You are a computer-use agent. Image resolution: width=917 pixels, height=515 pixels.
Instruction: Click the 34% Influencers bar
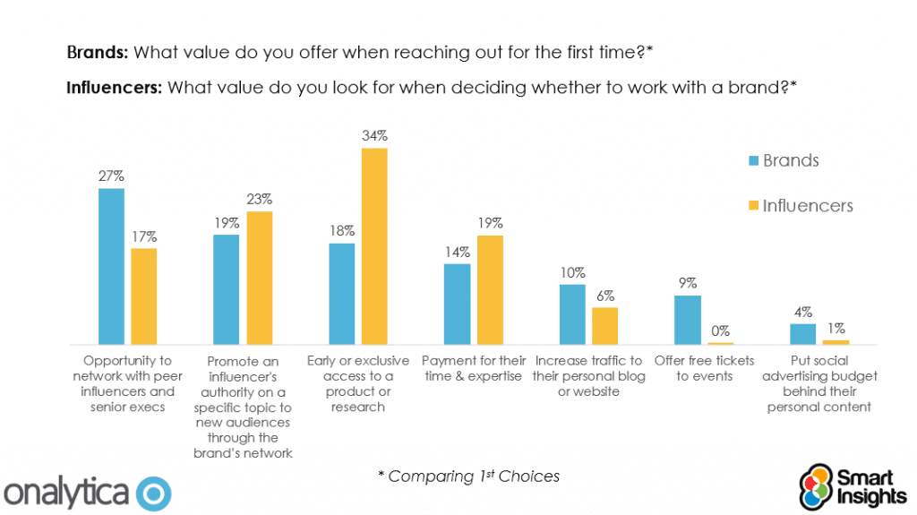click(374, 246)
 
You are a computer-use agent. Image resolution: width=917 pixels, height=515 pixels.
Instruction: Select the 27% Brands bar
click(112, 267)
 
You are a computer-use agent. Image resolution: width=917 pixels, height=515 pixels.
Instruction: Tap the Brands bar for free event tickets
click(687, 320)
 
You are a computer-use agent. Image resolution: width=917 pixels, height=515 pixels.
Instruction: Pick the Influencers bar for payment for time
click(490, 290)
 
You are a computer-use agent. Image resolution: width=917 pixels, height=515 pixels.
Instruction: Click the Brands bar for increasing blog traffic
click(572, 314)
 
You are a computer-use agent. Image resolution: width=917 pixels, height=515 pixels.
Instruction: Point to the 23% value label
click(260, 200)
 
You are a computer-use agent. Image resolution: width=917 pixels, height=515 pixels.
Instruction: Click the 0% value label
click(720, 331)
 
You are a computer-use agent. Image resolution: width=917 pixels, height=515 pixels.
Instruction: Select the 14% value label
click(457, 253)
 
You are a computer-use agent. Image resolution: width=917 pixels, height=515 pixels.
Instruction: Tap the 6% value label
click(605, 296)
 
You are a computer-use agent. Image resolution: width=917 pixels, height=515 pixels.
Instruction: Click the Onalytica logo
click(88, 492)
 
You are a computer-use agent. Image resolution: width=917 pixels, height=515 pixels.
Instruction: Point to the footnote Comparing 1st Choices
click(468, 476)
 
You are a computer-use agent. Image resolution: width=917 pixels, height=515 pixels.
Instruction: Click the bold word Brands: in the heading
click(99, 52)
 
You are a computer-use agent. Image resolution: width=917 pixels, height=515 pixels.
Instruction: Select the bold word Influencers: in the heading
click(114, 88)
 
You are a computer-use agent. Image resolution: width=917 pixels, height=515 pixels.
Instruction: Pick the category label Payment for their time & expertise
click(473, 368)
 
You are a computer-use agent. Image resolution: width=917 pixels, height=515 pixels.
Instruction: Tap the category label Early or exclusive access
click(356, 383)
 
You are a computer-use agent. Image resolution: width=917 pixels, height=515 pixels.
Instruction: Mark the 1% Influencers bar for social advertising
click(836, 342)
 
